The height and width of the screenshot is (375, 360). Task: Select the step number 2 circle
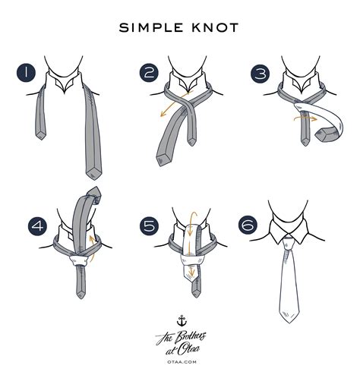pos(148,73)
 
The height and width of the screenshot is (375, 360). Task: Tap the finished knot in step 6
pos(290,241)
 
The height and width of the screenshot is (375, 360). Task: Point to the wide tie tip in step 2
pos(163,158)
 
